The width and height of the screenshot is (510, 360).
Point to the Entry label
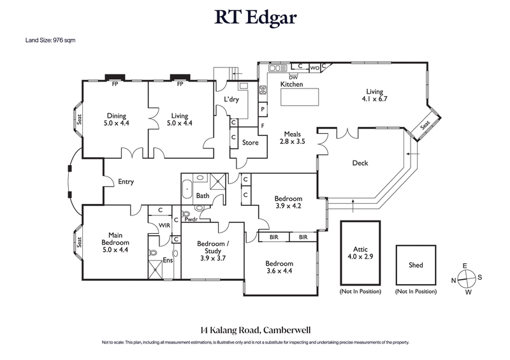126,182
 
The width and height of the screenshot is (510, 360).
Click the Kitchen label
291,84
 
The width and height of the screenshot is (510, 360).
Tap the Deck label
360,163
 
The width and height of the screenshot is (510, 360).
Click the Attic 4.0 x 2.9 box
360,253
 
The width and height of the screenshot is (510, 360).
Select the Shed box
416,265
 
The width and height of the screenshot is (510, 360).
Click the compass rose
468,278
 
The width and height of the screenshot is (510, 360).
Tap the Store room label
251,143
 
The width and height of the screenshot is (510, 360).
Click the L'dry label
231,99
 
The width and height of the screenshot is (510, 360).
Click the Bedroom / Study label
213,248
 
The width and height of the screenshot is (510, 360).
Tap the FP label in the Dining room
115,84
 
